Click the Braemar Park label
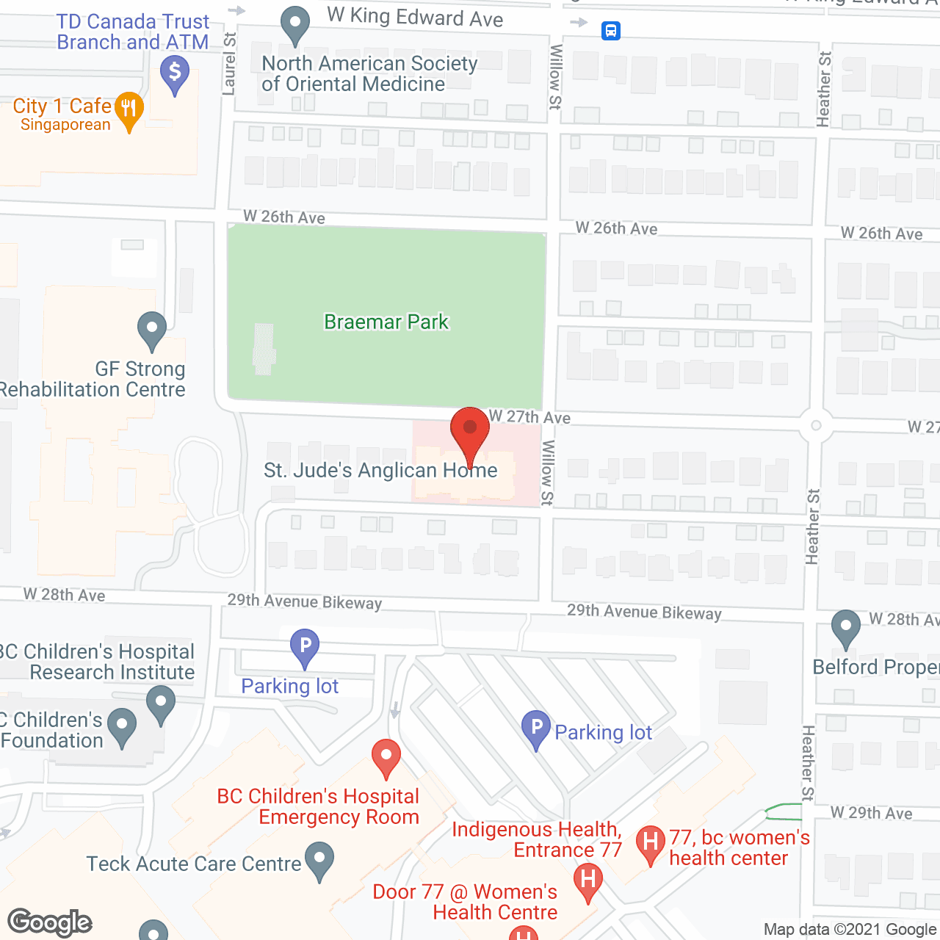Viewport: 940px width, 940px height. (386, 322)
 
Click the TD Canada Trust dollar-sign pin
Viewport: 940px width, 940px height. (175, 74)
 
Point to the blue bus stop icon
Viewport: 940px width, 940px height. (611, 31)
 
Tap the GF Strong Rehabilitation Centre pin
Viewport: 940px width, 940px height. (152, 330)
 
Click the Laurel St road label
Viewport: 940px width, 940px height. (229, 64)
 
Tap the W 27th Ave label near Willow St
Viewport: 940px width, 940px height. (529, 416)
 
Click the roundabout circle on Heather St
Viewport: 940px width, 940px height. (815, 426)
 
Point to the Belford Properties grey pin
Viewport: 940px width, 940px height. (846, 628)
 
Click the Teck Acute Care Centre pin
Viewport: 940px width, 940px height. (319, 860)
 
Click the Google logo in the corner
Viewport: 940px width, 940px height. (50, 922)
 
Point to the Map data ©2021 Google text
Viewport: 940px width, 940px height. (850, 930)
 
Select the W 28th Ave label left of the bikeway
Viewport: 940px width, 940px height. (65, 595)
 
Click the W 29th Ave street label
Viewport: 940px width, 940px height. (871, 813)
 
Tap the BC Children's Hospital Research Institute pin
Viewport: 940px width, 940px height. (161, 704)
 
